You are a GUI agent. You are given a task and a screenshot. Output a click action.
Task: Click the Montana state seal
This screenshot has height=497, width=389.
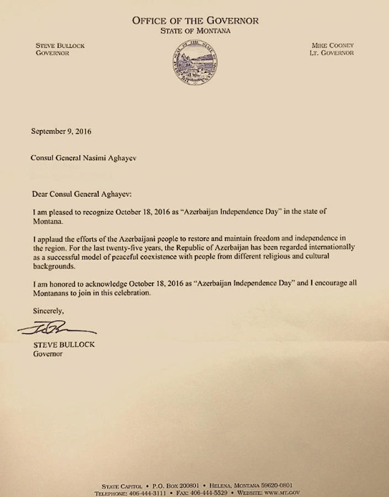(x=194, y=62)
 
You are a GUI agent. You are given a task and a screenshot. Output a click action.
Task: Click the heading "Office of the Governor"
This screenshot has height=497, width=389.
(x=195, y=20)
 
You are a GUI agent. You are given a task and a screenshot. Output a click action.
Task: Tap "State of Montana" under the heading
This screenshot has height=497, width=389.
(x=195, y=31)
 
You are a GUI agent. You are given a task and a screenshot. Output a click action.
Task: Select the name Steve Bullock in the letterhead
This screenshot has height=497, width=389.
(x=60, y=46)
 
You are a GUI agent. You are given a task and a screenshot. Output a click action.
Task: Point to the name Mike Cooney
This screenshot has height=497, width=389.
(x=332, y=45)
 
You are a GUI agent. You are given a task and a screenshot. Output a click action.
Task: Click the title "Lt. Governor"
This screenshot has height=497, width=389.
(x=332, y=53)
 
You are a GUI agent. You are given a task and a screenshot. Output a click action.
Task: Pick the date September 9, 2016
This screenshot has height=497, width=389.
(x=61, y=132)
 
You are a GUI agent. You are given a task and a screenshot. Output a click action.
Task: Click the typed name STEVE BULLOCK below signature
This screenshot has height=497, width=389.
(x=63, y=345)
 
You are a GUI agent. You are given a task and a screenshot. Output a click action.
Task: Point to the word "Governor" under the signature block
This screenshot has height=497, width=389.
(x=49, y=354)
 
